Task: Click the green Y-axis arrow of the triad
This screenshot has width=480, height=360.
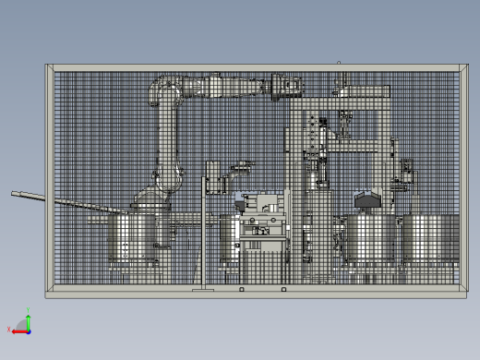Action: tap(27, 319)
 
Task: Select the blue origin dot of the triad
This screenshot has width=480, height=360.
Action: tap(27, 329)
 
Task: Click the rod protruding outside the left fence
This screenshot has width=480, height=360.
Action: tap(28, 196)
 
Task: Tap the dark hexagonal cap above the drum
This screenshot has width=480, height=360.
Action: tap(367, 198)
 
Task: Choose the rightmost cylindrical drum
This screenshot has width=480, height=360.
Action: tap(430, 242)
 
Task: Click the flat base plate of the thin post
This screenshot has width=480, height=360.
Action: tap(203, 290)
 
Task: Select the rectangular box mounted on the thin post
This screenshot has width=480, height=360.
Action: tap(211, 175)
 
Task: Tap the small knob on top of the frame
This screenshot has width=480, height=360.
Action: tap(339, 63)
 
